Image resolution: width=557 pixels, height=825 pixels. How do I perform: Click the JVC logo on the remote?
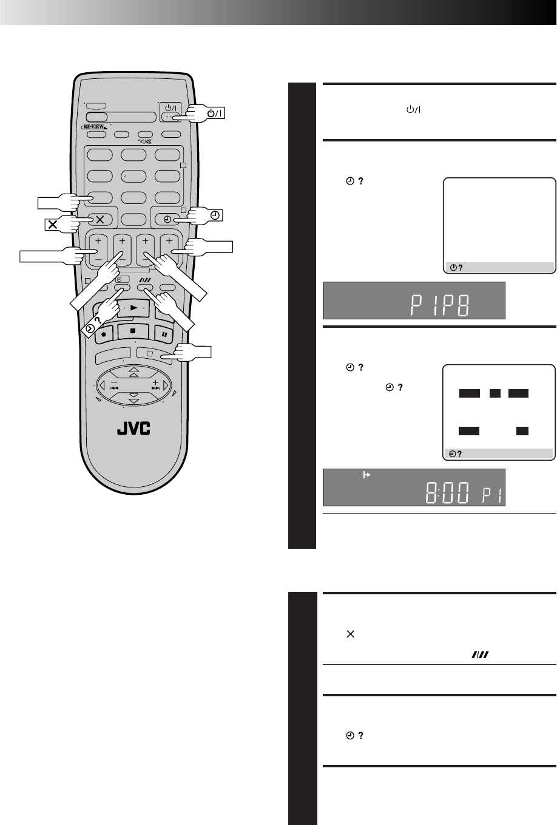pos(133,429)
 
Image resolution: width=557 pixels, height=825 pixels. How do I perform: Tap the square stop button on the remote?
pos(133,331)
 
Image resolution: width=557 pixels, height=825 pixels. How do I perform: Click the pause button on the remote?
pos(164,334)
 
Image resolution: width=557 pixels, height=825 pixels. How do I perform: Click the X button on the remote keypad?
pos(100,220)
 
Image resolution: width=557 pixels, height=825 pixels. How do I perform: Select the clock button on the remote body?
pos(167,220)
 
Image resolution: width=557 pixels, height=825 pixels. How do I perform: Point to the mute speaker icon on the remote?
pos(146,141)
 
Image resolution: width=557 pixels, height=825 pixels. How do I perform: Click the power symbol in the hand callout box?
pos(215,113)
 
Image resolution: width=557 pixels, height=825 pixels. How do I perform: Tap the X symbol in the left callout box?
pos(53,224)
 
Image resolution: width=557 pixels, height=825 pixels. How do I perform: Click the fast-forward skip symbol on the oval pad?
pos(156,388)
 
